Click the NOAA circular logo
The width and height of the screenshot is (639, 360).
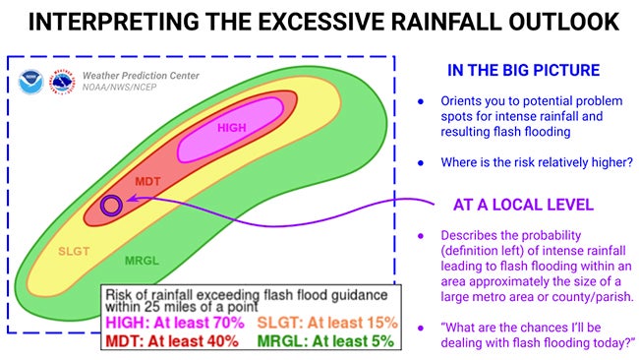29,82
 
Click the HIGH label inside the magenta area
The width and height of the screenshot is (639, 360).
231,128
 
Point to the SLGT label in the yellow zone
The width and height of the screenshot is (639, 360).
75,251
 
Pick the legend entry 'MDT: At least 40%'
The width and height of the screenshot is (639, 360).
173,340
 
